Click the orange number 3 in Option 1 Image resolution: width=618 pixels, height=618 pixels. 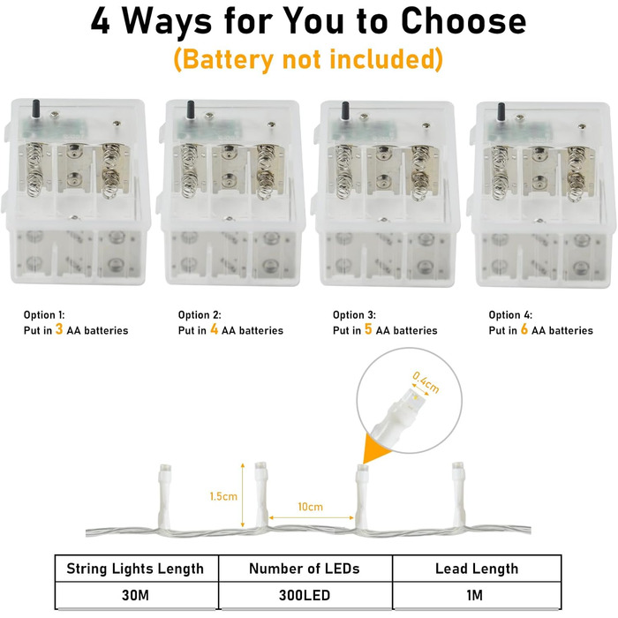tap(59, 328)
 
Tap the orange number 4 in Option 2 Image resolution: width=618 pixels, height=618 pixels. tap(214, 328)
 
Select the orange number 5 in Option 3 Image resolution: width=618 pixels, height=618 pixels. tap(368, 328)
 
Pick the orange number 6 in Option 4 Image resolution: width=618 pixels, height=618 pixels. tap(524, 328)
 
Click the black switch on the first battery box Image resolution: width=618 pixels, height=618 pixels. tap(36, 109)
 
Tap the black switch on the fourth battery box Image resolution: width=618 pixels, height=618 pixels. tap(501, 111)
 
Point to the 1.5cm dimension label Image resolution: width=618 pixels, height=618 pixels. tap(223, 496)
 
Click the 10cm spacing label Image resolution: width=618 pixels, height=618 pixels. tap(311, 507)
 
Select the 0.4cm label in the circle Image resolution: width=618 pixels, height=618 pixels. tap(426, 382)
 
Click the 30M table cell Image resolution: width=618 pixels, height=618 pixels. tap(136, 595)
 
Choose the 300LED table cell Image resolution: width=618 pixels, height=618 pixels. tap(305, 595)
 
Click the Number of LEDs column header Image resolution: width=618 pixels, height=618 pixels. tap(305, 569)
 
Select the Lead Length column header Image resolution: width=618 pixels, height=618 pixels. tap(477, 569)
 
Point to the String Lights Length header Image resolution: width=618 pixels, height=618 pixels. tap(136, 569)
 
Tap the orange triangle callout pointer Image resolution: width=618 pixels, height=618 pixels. tap(374, 448)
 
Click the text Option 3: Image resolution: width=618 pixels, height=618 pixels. tap(354, 315)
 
